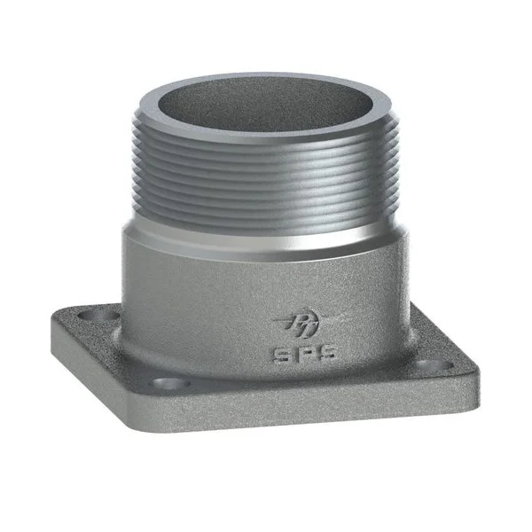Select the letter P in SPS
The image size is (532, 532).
(x=293, y=353)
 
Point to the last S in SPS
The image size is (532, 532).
(x=313, y=353)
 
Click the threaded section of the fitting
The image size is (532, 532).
(x=266, y=177)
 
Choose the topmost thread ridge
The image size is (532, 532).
(x=266, y=142)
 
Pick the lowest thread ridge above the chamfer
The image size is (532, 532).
(x=266, y=222)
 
